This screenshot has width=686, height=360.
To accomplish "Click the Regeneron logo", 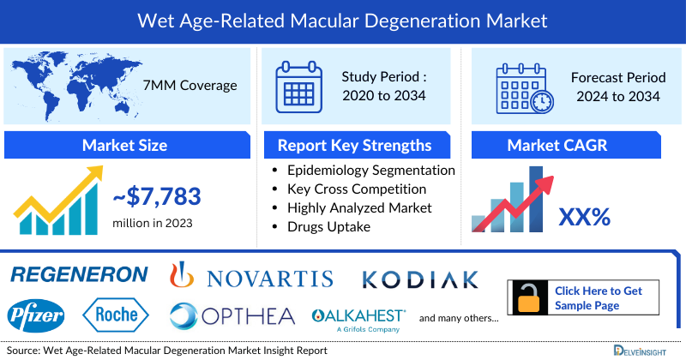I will (79, 274).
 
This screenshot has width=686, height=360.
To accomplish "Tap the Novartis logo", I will (251, 276).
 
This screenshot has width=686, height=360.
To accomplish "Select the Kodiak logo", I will (419, 279).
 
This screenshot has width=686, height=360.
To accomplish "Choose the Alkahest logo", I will (358, 316).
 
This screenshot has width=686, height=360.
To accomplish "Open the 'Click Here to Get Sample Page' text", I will (599, 298).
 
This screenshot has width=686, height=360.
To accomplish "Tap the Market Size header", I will (124, 145).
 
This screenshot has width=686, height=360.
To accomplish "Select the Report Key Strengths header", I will (355, 145).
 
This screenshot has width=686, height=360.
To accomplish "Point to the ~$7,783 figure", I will (157, 198).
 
